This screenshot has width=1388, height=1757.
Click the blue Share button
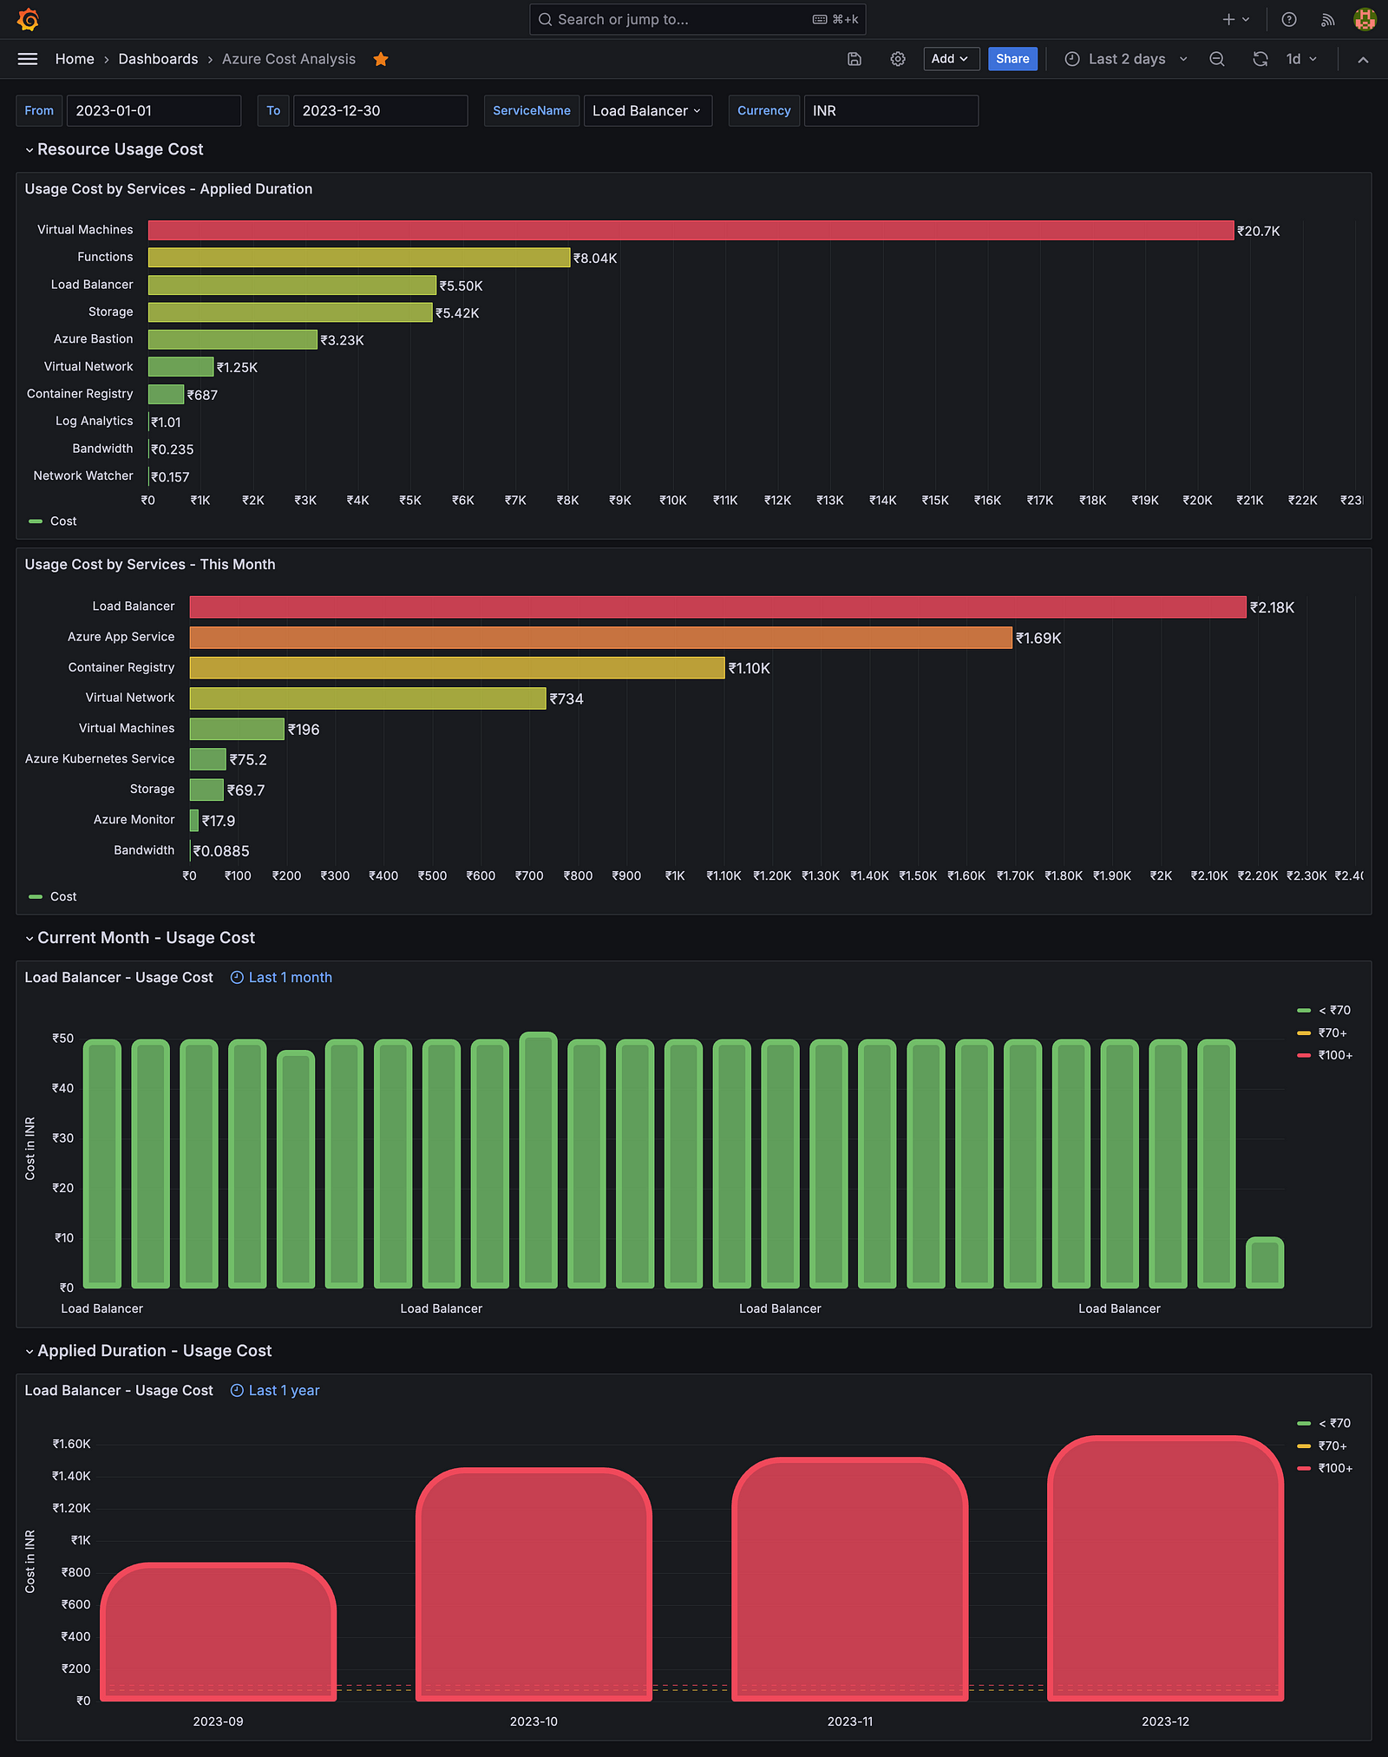pyautogui.click(x=1012, y=59)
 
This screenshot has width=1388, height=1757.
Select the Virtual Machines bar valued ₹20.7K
pyautogui.click(x=691, y=230)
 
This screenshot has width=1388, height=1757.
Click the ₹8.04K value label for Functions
pyautogui.click(x=595, y=259)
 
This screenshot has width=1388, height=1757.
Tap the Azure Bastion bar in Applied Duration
pyautogui.click(x=232, y=339)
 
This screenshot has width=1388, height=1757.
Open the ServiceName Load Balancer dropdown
pyautogui.click(x=647, y=111)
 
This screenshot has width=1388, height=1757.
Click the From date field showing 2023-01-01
pyautogui.click(x=154, y=111)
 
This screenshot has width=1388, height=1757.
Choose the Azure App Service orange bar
pyautogui.click(x=600, y=638)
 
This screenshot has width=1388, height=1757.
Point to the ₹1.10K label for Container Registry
pyautogui.click(x=750, y=669)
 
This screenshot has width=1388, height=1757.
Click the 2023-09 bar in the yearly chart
pyautogui.click(x=219, y=1631)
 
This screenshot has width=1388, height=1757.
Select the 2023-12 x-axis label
pyautogui.click(x=1165, y=1721)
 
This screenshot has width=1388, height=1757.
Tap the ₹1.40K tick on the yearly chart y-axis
pyautogui.click(x=71, y=1476)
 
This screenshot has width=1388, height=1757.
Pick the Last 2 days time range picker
pyautogui.click(x=1126, y=59)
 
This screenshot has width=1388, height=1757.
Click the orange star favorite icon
pyautogui.click(x=381, y=59)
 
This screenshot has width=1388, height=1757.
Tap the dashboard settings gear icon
pyautogui.click(x=898, y=59)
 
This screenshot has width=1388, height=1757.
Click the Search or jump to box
pyautogui.click(x=697, y=19)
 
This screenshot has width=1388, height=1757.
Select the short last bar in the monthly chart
pyautogui.click(x=1265, y=1262)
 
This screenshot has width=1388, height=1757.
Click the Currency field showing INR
pyautogui.click(x=891, y=111)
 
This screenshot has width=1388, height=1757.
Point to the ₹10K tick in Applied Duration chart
pyautogui.click(x=673, y=501)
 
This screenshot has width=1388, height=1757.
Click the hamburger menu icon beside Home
pyautogui.click(x=28, y=59)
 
